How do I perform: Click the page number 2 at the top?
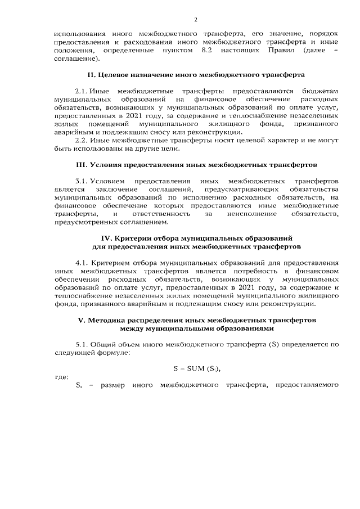point(195,20)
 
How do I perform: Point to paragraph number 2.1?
point(82,91)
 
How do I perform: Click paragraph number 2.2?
point(82,141)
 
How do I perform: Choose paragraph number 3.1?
point(82,182)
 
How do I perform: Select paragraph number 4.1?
point(82,263)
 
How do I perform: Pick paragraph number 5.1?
point(82,344)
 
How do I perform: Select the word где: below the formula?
point(61,377)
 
